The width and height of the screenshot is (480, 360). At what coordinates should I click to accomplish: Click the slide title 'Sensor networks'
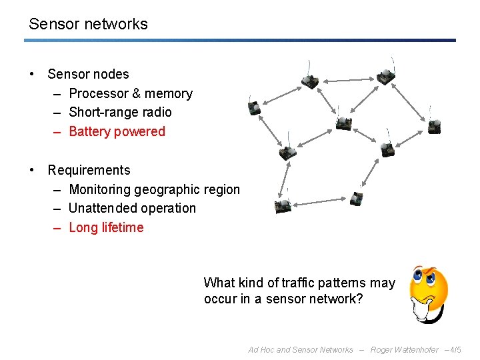88,24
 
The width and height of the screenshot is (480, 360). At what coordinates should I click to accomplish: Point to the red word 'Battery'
90,131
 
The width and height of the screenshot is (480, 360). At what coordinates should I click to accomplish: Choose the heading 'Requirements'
89,170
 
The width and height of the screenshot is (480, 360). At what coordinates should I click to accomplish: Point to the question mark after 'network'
360,299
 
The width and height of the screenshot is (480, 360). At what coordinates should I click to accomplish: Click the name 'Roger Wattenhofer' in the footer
405,349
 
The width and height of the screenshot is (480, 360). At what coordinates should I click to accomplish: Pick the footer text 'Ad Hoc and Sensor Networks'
300,349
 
